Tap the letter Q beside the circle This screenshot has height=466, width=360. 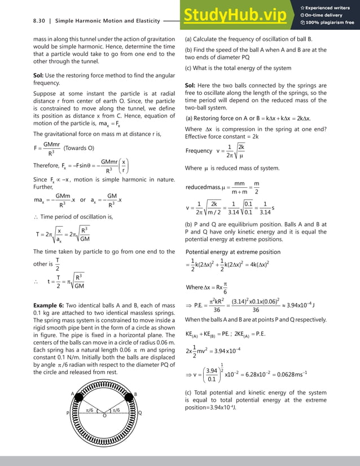(x=140, y=413)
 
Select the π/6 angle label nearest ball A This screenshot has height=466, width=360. (x=89, y=410)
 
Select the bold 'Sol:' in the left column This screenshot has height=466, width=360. (x=39, y=76)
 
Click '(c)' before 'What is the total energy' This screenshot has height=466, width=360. (x=189, y=68)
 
